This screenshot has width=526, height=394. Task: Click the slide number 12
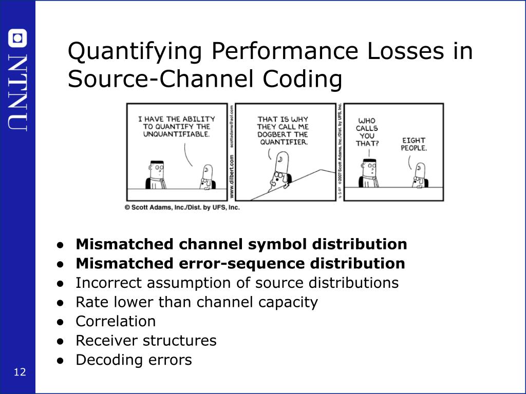[20, 372]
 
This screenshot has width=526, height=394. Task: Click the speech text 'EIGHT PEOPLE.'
[414, 144]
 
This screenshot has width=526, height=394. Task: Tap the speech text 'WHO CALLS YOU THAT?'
[367, 132]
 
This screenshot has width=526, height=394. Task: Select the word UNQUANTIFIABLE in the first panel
[176, 134]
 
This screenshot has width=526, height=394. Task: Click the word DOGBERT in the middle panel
[274, 134]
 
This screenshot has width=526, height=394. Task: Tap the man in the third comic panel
[369, 173]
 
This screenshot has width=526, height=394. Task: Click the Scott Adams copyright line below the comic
[182, 208]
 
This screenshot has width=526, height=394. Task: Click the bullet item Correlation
[116, 321]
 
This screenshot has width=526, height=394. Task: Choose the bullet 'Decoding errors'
[134, 360]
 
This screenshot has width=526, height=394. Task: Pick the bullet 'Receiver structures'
[146, 340]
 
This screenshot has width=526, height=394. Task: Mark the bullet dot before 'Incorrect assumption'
[61, 283]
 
